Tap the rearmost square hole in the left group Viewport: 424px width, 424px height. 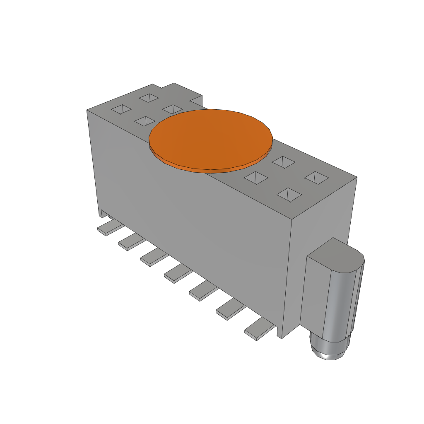(149, 98)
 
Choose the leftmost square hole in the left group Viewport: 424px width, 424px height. (121, 109)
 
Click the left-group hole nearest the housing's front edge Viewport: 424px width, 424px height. (145, 121)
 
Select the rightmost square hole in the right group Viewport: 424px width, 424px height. (316, 178)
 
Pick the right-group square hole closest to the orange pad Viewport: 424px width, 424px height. (283, 162)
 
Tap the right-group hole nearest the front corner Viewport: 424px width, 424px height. (289, 194)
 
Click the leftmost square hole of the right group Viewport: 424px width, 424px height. (256, 178)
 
